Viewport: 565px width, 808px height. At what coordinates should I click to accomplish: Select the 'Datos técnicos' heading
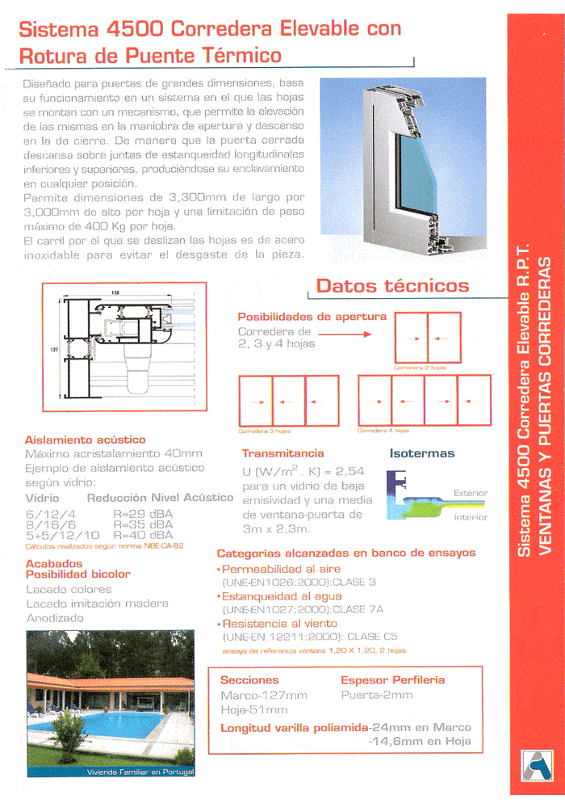pos(392,285)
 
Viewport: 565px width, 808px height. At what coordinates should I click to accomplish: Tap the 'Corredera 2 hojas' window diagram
pos(427,338)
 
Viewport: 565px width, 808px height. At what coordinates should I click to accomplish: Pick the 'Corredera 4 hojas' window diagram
pos(424,401)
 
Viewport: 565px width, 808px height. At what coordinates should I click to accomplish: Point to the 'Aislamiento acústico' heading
pos(85,440)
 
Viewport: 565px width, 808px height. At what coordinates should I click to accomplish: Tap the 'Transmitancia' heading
pos(282,453)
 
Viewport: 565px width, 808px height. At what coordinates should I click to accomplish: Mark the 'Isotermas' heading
pos(421,453)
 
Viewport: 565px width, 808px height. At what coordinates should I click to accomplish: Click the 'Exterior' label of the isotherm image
pos(471,493)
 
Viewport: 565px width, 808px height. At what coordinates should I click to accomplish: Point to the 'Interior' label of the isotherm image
pos(471,517)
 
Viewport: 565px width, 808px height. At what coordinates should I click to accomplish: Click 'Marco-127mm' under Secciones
pos(263,695)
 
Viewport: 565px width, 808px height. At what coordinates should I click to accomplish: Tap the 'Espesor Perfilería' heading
pos(392,680)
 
